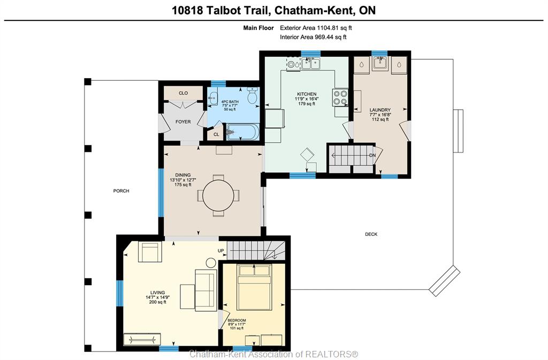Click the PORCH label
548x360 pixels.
pyautogui.click(x=121, y=191)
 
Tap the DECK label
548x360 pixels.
pyautogui.click(x=371, y=234)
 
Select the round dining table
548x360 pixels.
pyautogui.click(x=218, y=195)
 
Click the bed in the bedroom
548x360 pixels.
pyautogui.click(x=254, y=287)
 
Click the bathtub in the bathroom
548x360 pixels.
pyautogui.click(x=242, y=132)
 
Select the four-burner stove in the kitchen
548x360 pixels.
pyautogui.click(x=340, y=97)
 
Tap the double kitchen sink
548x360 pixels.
pyautogui.click(x=311, y=64)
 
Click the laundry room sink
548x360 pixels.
pyautogui.click(x=380, y=63)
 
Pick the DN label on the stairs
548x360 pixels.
pyautogui.click(x=372, y=155)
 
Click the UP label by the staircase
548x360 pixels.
pyautogui.click(x=221, y=251)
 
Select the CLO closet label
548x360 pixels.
pyautogui.click(x=183, y=93)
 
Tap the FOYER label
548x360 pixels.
pyautogui.click(x=183, y=122)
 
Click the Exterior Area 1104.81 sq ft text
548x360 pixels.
pyautogui.click(x=316, y=28)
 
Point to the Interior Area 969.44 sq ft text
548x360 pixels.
pyautogui.click(x=313, y=37)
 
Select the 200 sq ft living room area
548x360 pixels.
pyautogui.click(x=158, y=302)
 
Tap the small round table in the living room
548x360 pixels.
pyautogui.click(x=211, y=263)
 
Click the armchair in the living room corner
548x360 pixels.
pyautogui.click(x=150, y=251)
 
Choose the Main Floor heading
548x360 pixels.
pyautogui.click(x=258, y=28)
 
